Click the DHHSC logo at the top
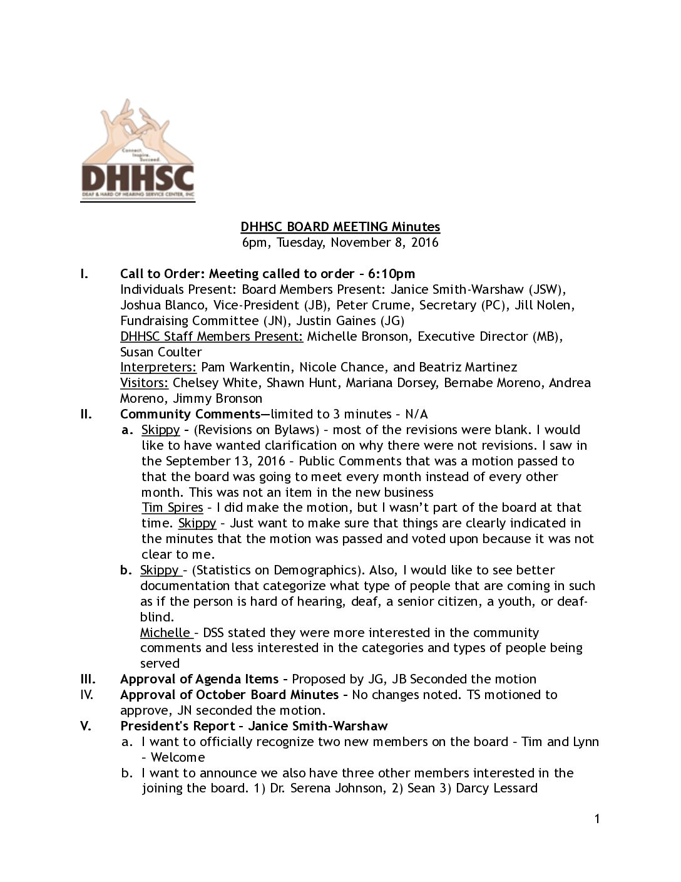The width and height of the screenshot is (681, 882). click(x=138, y=151)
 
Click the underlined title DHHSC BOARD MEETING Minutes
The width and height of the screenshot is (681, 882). click(x=340, y=227)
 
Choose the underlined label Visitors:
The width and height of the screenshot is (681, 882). click(x=144, y=383)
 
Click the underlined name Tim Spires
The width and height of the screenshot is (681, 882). click(x=172, y=507)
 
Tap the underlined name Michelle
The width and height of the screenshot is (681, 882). click(x=165, y=633)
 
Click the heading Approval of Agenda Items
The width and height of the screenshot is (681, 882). click(x=199, y=679)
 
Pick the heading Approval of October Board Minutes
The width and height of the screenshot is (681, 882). click(x=229, y=695)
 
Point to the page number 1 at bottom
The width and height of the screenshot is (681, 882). click(x=597, y=819)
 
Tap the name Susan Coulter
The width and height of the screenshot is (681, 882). click(x=161, y=352)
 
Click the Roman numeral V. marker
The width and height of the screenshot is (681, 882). click(x=86, y=726)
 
